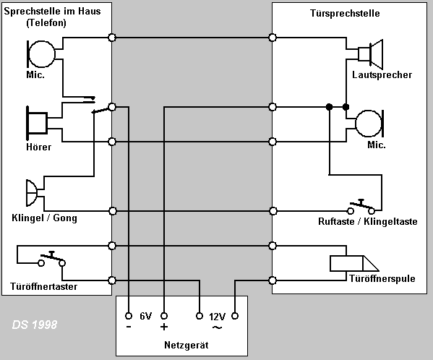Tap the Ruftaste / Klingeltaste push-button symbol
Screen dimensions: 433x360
(361, 207)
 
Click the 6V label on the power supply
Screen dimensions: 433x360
(146, 316)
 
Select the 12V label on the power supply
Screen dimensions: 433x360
(217, 317)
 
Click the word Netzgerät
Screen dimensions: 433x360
(186, 345)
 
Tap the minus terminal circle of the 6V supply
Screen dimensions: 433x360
(129, 316)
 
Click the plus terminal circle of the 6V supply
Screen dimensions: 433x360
(164, 316)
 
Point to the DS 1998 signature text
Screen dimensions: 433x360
(35, 325)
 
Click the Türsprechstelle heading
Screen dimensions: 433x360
(345, 13)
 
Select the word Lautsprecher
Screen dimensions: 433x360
(382, 74)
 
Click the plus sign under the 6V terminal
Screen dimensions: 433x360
(164, 327)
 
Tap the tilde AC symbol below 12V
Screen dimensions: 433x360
(218, 327)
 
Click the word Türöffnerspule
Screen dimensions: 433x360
(382, 278)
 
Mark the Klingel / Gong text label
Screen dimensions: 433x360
(44, 218)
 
